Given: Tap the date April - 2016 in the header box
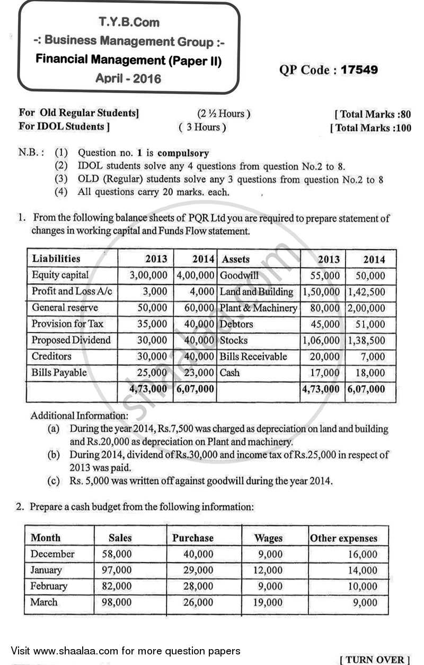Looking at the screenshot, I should [x=128, y=79].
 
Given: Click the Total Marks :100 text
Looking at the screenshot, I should [x=371, y=128].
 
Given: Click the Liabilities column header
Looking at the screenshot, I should [x=56, y=259].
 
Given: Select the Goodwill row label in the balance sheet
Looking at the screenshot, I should [x=239, y=276].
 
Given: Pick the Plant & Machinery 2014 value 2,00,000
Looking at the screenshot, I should [x=366, y=308].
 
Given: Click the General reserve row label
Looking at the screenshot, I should [x=65, y=307].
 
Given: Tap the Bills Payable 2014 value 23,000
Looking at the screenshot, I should [x=200, y=373].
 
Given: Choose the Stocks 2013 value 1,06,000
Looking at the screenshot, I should [x=321, y=340].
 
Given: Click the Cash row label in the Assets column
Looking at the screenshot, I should [x=229, y=373].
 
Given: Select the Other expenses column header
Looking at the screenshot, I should [x=344, y=538].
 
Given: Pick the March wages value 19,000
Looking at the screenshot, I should [x=268, y=602].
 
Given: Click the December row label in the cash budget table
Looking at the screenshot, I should [x=52, y=554].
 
